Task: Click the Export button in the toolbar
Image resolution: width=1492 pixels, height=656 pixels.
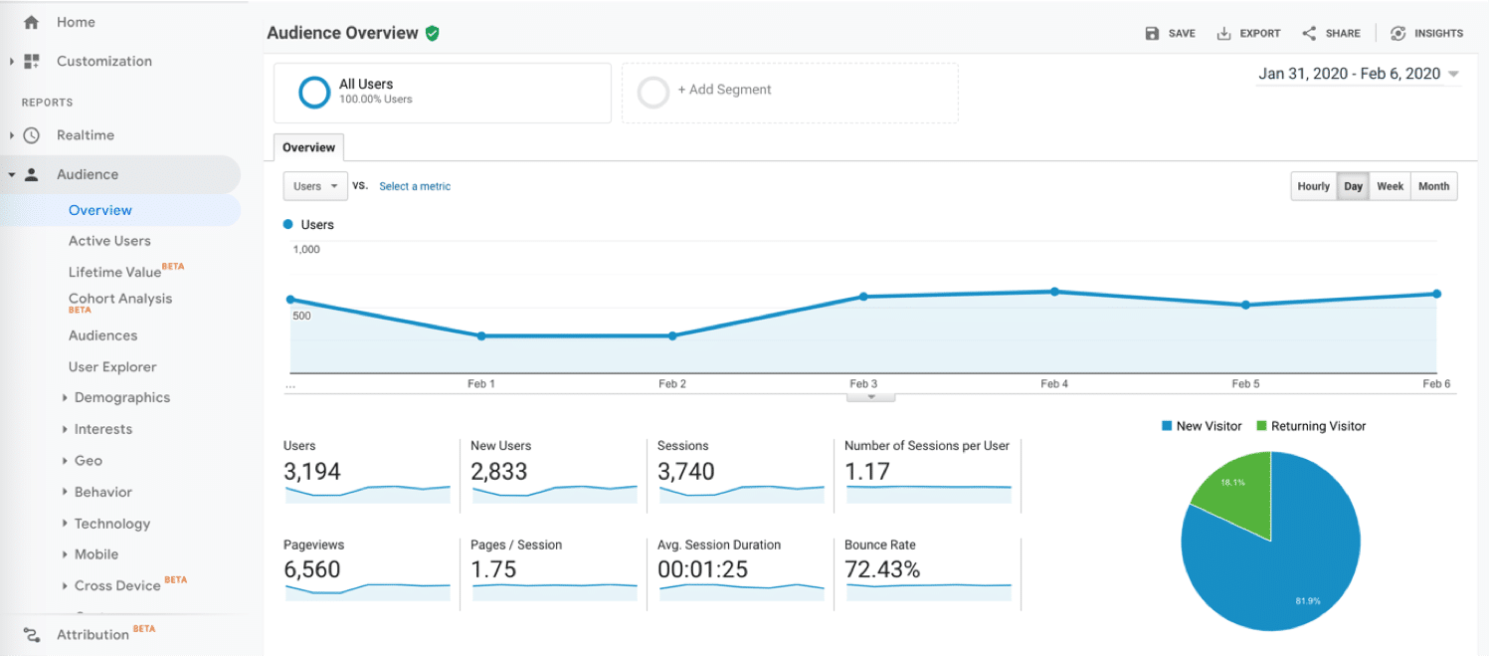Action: pos(1248,33)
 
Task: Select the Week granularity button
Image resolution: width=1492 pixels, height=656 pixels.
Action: pos(1390,186)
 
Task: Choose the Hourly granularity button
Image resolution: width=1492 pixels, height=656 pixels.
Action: pos(1313,186)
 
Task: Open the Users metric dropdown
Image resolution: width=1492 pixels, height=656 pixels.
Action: pos(314,186)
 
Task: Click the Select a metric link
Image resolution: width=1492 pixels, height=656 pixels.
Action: pos(415,186)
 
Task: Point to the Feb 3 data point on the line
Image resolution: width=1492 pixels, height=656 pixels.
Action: pos(863,297)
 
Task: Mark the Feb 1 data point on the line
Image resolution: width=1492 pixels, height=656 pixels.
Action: pos(481,336)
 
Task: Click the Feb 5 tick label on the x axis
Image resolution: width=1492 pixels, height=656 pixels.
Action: pos(1245,384)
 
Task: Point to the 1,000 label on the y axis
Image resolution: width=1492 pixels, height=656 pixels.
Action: pos(306,250)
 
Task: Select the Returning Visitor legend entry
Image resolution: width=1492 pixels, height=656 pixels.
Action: pos(1311,426)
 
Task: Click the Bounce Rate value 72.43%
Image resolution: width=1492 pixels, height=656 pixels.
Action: pos(882,570)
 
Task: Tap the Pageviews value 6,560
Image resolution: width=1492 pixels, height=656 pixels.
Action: pos(312,570)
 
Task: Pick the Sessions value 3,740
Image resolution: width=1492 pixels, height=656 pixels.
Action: pos(686,472)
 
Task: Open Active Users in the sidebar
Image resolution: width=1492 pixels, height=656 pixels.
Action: pos(109,241)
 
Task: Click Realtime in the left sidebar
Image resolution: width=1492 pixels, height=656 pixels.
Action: pos(86,135)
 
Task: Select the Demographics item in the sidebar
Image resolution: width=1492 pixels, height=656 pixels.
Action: pos(122,398)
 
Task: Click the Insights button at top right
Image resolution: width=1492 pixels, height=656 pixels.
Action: pos(1427,33)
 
